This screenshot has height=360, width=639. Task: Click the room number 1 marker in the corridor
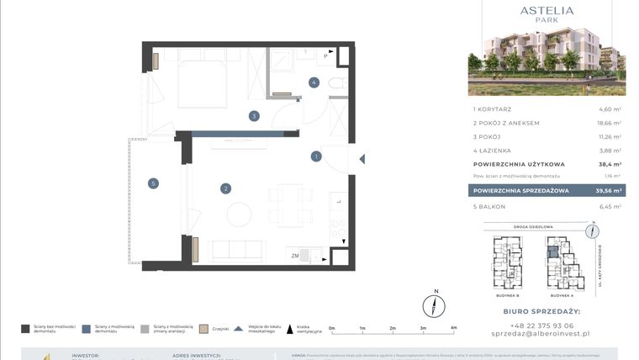(x=316, y=156)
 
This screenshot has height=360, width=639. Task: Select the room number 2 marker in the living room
(x=225, y=188)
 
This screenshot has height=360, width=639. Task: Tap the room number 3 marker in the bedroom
(x=253, y=116)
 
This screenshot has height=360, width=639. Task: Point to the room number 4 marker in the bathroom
(x=314, y=82)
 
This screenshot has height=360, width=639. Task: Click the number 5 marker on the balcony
(x=153, y=183)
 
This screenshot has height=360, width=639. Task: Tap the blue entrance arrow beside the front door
(x=362, y=157)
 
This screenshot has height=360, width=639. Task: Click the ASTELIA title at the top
(x=547, y=11)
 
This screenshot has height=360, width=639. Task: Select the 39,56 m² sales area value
(x=608, y=191)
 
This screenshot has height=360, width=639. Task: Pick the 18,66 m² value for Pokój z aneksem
(x=608, y=123)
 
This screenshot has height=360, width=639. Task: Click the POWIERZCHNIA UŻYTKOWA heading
(x=518, y=164)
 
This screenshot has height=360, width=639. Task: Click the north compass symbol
(x=435, y=304)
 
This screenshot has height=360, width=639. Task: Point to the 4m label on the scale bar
(x=453, y=329)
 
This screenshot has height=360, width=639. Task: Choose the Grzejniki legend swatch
(x=202, y=329)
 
